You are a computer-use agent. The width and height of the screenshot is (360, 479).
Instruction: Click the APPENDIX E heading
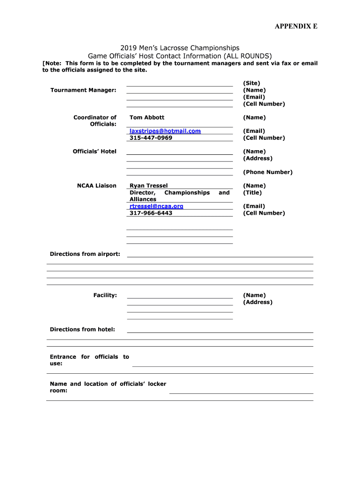click(295, 26)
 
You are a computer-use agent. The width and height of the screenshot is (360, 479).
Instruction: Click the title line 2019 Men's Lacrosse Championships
click(180, 48)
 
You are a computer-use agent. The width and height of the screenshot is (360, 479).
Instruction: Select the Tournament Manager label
click(83, 90)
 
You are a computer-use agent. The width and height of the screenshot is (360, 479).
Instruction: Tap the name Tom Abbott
click(147, 117)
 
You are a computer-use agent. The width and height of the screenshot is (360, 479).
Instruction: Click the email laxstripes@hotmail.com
click(165, 131)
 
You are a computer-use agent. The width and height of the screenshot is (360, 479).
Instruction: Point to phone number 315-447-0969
click(151, 138)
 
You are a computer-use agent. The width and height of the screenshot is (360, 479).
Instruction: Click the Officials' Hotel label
click(94, 152)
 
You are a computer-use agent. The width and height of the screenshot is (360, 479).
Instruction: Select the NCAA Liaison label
click(96, 186)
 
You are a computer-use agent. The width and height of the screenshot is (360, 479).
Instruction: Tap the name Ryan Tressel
click(148, 186)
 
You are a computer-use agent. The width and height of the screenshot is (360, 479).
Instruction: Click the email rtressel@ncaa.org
click(156, 206)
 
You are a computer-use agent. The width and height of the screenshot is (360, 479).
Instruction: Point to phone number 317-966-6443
click(151, 213)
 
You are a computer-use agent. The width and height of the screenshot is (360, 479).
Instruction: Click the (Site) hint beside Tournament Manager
click(252, 83)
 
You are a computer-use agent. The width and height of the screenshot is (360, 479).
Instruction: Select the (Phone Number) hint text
click(267, 172)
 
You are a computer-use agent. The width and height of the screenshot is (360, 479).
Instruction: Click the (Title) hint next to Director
click(252, 193)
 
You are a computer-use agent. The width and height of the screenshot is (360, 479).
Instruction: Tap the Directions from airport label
click(85, 254)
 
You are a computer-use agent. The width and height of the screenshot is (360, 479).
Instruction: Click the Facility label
click(105, 295)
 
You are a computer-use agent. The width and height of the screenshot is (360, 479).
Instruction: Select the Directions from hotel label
click(82, 329)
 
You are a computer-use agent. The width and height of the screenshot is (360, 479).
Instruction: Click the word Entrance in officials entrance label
click(63, 357)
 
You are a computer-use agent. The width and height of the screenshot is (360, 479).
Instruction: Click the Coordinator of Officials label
click(95, 121)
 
